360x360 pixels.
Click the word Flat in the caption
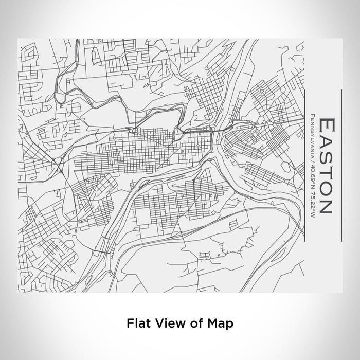pyautogui.click(x=136, y=323)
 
